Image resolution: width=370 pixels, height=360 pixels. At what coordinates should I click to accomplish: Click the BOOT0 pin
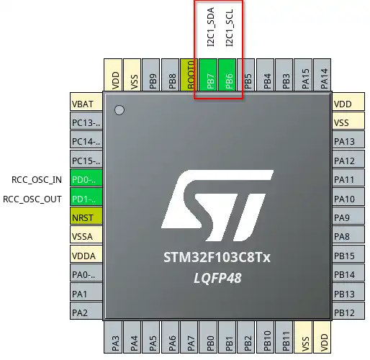pos(191,75)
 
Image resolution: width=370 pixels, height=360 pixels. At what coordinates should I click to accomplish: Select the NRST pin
pos(86,216)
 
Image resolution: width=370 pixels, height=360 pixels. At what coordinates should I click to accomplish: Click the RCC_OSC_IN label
pos(37,179)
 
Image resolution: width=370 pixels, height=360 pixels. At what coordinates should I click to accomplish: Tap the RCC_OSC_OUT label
pos(33,198)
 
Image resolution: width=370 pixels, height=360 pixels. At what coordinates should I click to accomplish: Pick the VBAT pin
pos(86,104)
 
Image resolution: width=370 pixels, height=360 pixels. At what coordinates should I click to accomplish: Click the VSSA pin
pos(86,235)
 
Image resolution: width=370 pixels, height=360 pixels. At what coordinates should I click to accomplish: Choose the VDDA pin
pos(86,254)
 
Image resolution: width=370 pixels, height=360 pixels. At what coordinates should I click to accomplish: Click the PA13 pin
pos(345,141)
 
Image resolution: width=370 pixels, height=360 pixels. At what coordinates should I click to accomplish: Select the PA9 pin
pos(345,217)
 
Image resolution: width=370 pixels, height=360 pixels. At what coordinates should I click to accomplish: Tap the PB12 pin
pos(345,312)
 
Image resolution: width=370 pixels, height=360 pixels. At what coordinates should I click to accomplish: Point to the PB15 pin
pos(345,255)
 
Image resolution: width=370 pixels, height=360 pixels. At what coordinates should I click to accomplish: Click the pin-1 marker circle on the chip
pos(120,110)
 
